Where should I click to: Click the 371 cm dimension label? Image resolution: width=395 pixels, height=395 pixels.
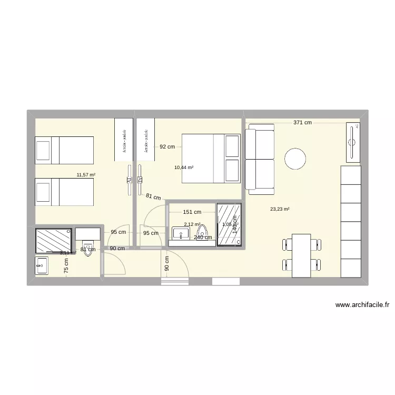303,123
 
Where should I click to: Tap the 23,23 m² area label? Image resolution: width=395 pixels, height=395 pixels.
280,209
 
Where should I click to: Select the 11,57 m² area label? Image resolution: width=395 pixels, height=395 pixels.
86,175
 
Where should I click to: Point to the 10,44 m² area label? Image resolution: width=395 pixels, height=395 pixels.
184,167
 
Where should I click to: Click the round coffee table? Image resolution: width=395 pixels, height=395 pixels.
295,159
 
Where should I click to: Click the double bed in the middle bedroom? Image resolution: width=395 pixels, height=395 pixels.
211,159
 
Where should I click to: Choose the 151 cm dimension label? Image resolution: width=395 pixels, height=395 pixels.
192,213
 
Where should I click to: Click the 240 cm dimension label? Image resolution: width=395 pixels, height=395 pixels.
203,238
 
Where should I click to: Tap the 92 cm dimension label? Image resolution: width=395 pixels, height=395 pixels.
167,147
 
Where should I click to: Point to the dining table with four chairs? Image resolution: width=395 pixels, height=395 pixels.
302,255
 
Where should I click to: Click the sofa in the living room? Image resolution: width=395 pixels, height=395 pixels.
260,158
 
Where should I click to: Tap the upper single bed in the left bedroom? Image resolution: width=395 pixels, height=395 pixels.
64,150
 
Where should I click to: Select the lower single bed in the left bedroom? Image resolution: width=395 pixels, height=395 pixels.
64,192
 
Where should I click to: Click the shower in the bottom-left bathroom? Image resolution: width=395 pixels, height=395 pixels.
53,241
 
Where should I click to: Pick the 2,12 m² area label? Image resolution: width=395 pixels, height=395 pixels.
192,224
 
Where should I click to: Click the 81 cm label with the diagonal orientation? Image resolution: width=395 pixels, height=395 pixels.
153,198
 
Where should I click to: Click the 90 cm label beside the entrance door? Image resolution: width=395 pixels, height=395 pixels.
167,264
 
